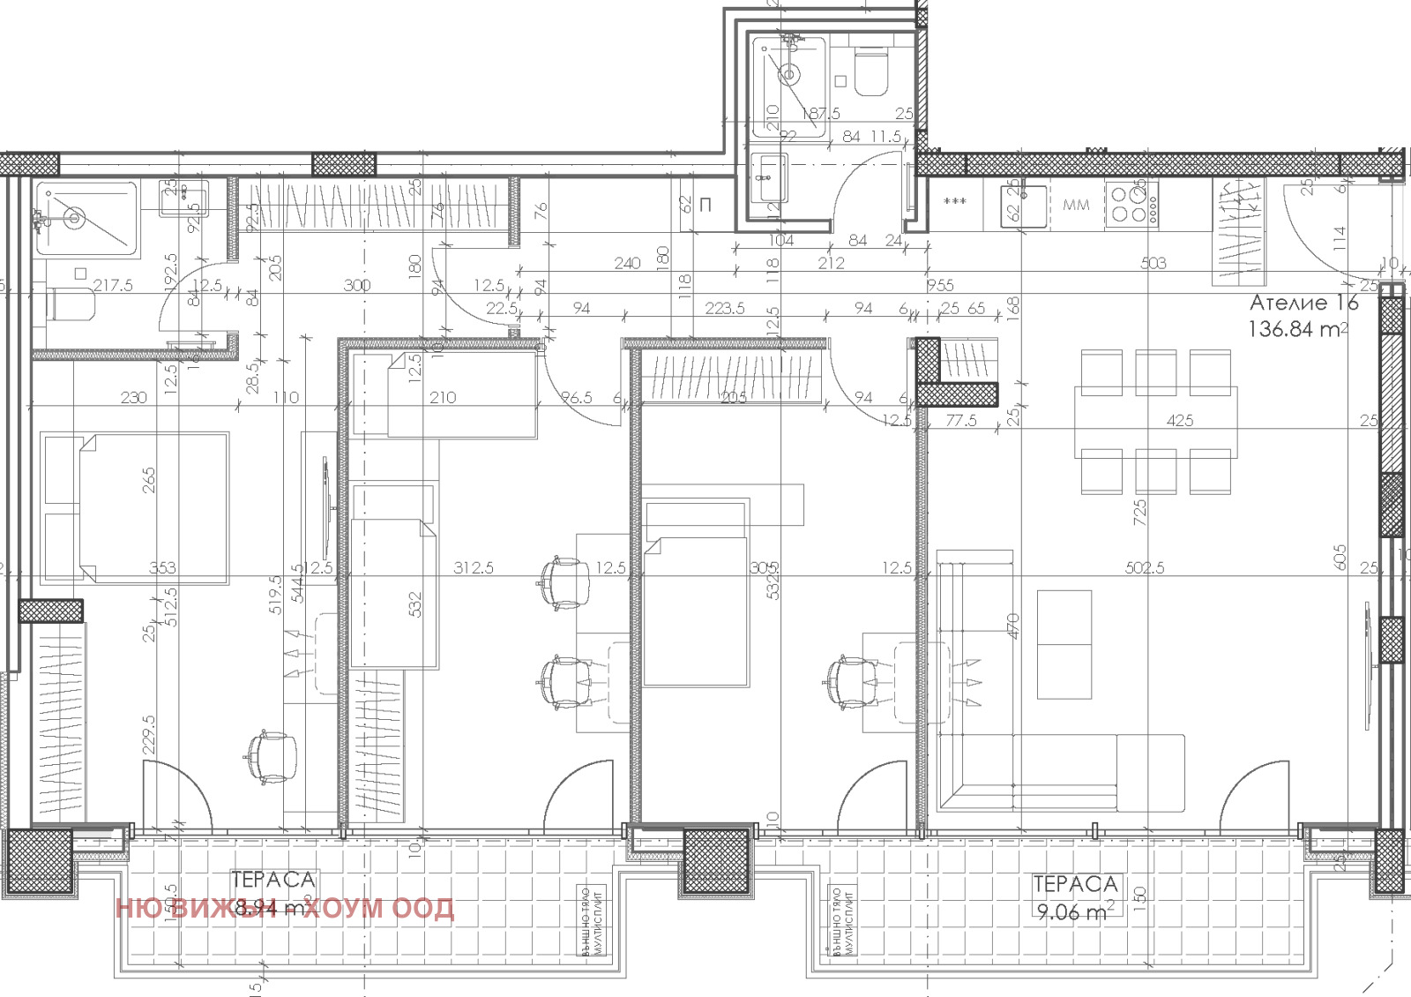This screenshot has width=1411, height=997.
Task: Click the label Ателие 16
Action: coord(1303,303)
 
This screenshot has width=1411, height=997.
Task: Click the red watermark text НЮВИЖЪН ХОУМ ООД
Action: coord(285,908)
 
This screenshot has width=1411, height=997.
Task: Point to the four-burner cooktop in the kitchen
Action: coord(1132,204)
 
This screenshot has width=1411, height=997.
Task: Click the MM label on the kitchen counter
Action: coord(1076,205)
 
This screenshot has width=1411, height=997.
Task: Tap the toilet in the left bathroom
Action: coord(71,304)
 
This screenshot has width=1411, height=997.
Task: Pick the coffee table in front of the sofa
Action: coord(1064,644)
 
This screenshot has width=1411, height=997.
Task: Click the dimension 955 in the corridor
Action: coord(940,285)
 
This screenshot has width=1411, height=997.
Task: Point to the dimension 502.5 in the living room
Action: coord(1145,568)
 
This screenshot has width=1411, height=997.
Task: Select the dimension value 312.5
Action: coord(474,567)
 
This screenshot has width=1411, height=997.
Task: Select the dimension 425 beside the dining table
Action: coord(1180,421)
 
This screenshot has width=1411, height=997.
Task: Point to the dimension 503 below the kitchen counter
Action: coord(1153,262)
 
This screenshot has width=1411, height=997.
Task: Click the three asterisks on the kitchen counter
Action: coord(955,202)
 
